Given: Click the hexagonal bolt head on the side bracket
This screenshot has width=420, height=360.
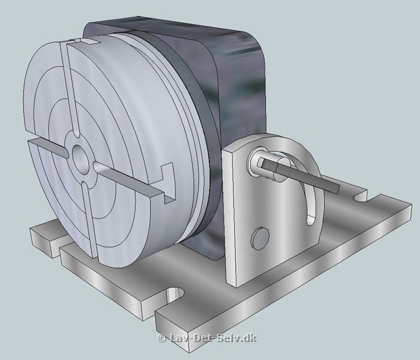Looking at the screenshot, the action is click(x=260, y=238).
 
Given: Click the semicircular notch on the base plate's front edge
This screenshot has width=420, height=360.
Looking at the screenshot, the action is click(x=175, y=295).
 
